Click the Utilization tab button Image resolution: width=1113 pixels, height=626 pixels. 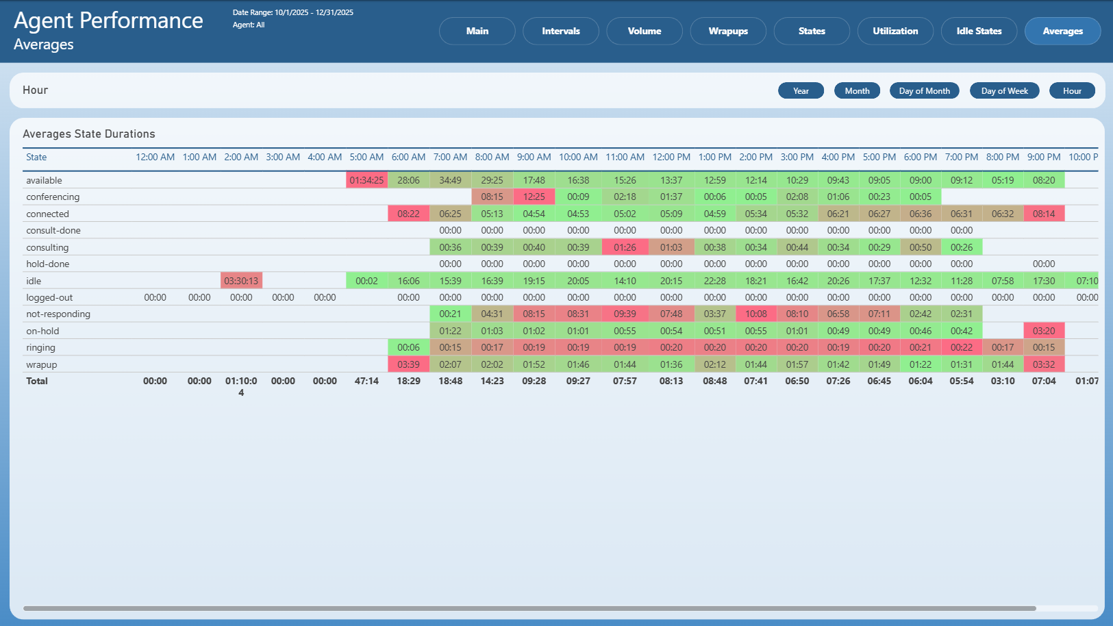tap(895, 31)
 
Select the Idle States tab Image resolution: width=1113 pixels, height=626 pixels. tap(979, 31)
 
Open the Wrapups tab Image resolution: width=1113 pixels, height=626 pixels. tap(728, 31)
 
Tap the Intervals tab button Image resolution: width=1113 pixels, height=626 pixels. tap(561, 31)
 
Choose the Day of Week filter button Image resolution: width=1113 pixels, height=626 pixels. tap(1004, 91)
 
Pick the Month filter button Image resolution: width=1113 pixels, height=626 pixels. tap(857, 91)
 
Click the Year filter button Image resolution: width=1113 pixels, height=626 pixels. tap(801, 91)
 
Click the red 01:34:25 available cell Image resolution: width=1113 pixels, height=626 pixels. tap(366, 180)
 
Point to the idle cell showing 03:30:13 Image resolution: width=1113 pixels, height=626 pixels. tap(241, 281)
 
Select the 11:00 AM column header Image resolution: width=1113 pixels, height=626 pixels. tap(625, 157)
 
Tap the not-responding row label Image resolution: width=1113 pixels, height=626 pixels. tap(58, 314)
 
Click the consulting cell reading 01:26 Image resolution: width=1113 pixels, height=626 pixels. tap(625, 247)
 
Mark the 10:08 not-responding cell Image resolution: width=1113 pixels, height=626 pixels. tap(755, 314)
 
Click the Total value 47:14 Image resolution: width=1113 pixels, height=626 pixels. tap(366, 381)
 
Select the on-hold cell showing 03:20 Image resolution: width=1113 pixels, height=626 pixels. tap(1043, 331)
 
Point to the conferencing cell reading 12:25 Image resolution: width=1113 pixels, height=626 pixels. tap(534, 197)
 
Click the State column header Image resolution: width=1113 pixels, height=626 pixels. tap(36, 157)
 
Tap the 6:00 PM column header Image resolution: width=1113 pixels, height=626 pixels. tap(921, 157)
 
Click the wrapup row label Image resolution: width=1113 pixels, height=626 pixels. tap(41, 364)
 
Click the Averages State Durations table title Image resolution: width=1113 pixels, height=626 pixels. tap(89, 134)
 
